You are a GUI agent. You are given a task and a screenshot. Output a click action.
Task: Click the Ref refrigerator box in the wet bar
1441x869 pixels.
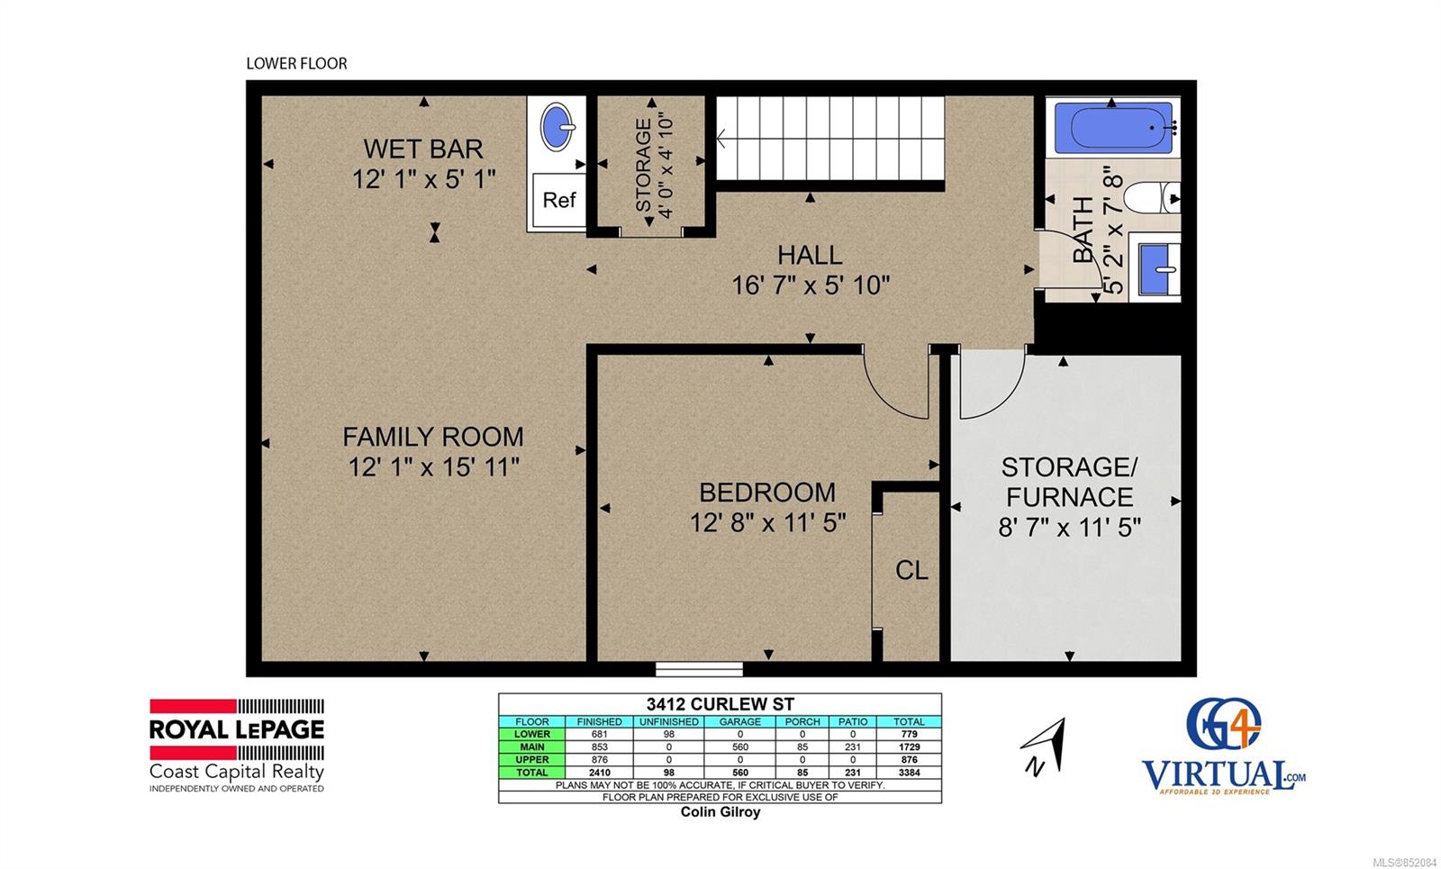[558, 200]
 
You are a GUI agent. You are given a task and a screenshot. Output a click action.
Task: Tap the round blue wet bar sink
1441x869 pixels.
[557, 127]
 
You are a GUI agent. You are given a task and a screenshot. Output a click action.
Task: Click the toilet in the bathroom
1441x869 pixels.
[1152, 197]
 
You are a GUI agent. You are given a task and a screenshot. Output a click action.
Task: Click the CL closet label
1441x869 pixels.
[911, 570]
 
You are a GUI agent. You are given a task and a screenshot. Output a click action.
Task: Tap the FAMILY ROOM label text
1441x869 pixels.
[433, 438]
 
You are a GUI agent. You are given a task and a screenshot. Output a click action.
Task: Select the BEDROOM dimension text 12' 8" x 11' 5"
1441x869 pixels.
[767, 523]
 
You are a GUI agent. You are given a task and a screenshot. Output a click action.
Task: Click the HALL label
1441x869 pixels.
[810, 256]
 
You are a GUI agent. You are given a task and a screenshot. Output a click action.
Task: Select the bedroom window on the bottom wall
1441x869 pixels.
[699, 669]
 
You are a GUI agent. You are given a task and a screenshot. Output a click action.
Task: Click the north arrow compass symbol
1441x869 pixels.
[1045, 747]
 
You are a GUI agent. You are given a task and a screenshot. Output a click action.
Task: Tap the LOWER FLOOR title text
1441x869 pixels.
[296, 64]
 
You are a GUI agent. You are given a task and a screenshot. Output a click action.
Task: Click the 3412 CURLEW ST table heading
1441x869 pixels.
[720, 704]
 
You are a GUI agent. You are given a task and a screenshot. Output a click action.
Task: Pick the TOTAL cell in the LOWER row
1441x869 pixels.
[909, 734]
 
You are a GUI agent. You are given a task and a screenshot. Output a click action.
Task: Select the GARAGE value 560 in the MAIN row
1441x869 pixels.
[739, 747]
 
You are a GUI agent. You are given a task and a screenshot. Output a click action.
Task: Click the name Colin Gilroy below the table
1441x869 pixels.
[720, 811]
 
